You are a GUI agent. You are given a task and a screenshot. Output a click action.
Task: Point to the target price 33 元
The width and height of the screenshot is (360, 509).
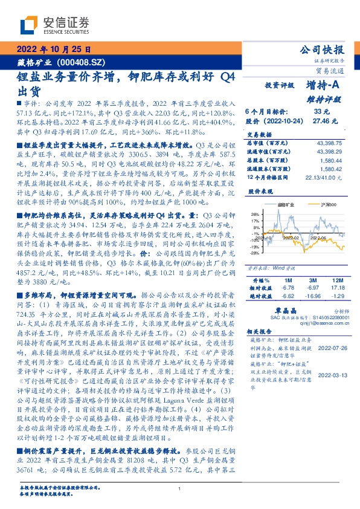[x=321, y=111]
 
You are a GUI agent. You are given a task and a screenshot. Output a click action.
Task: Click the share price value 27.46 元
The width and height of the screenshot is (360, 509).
[x=321, y=121]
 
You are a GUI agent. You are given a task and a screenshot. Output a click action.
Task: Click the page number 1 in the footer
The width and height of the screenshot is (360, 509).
[x=180, y=488]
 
